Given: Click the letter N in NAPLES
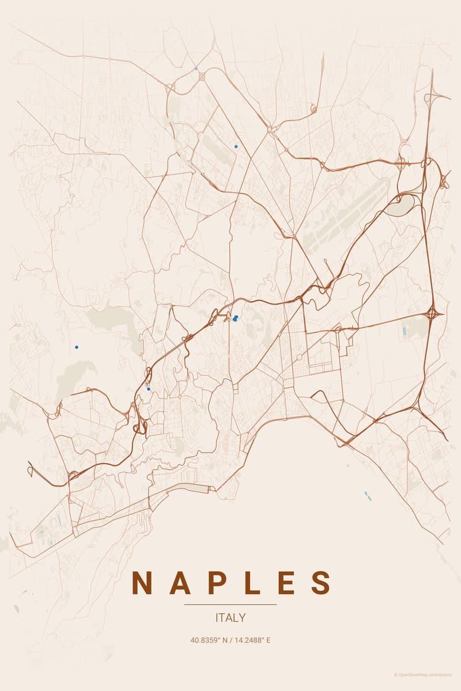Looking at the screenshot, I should tap(142, 583).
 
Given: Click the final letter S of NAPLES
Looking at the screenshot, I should tap(320, 583).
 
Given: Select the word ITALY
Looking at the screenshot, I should tap(231, 618).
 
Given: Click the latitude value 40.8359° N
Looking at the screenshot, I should tap(209, 640).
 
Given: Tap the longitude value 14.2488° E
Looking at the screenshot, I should tap(252, 640).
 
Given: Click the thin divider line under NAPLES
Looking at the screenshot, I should tap(231, 605).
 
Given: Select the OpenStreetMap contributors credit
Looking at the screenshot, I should tap(423, 675).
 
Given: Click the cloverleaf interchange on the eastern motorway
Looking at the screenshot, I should tap(433, 314).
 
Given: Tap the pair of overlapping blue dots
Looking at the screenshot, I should tap(235, 318).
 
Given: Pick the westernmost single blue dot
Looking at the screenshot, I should tap(76, 347).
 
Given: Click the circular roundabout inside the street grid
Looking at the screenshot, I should tap(299, 357).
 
